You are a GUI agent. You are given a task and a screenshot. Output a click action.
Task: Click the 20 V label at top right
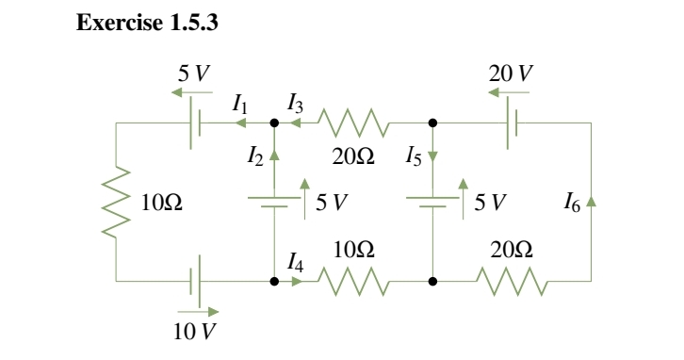pyautogui.click(x=505, y=72)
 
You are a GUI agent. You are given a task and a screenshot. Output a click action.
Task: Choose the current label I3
pyautogui.click(x=295, y=107)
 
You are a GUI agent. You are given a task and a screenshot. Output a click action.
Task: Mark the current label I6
pyautogui.click(x=571, y=201)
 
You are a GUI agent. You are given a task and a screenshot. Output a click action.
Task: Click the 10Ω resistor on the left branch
pyautogui.click(x=116, y=201)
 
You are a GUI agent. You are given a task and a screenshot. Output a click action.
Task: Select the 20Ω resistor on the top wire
pyautogui.click(x=352, y=123)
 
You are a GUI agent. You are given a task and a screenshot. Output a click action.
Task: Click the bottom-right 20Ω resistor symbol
pyautogui.click(x=512, y=280)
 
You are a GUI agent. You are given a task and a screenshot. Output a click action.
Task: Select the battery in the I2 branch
pyautogui.click(x=274, y=201)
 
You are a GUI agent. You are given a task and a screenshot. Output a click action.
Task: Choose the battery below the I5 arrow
pyautogui.click(x=432, y=201)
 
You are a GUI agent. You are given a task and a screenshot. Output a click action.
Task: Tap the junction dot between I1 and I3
pyautogui.click(x=274, y=123)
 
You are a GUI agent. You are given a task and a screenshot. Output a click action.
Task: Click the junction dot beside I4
pyautogui.click(x=274, y=280)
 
